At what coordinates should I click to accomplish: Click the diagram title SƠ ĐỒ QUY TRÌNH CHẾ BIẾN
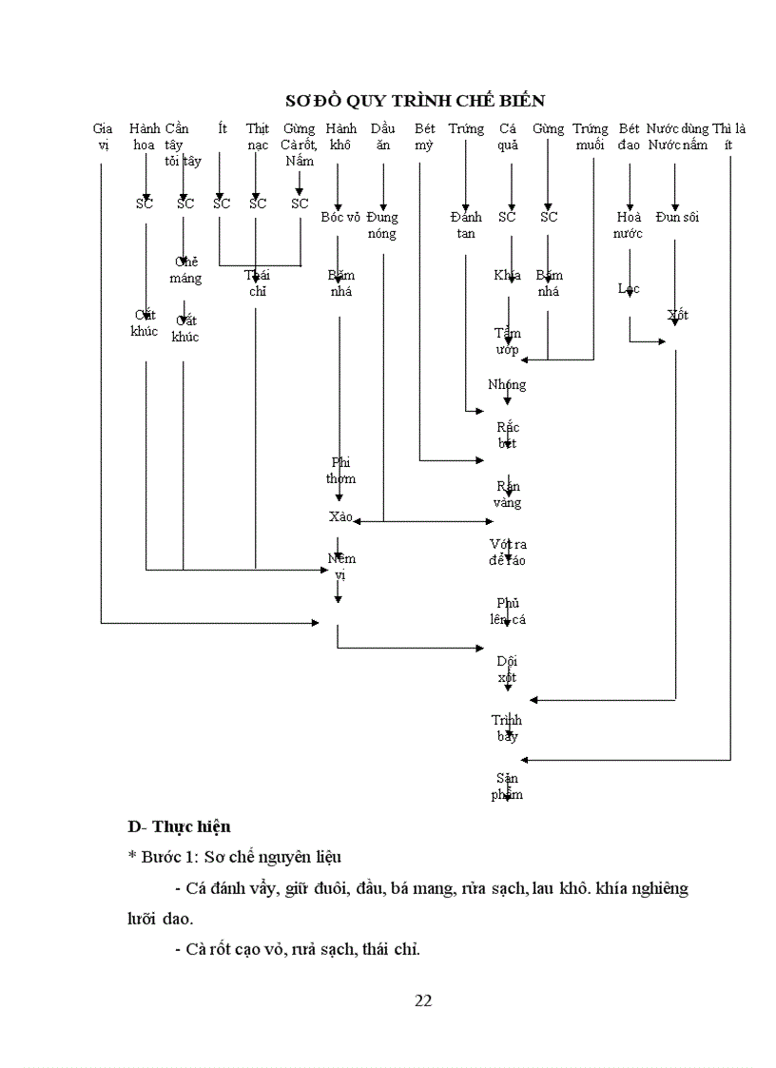[x=415, y=101]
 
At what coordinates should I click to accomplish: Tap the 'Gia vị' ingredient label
[x=103, y=136]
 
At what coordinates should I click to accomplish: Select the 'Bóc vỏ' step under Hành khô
[x=340, y=217]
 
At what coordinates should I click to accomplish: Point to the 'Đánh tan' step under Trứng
[x=466, y=224]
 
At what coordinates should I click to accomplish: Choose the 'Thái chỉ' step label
[x=257, y=283]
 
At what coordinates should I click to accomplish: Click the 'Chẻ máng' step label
[x=185, y=269]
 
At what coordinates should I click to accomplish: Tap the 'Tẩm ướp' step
[x=507, y=341]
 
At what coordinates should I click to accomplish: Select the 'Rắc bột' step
[x=507, y=436]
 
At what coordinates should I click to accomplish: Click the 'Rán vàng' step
[x=507, y=495]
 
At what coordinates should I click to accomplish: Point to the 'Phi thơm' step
[x=340, y=471]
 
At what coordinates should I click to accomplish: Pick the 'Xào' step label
[x=339, y=516]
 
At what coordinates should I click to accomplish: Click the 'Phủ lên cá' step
[x=507, y=611]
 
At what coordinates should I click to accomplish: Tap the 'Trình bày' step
[x=507, y=728]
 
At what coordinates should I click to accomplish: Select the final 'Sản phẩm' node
[x=507, y=786]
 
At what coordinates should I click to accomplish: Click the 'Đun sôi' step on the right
[x=676, y=217]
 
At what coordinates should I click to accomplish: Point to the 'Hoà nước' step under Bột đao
[x=629, y=224]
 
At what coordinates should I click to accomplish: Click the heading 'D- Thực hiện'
[x=180, y=826]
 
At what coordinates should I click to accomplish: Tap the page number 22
[x=424, y=1000]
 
